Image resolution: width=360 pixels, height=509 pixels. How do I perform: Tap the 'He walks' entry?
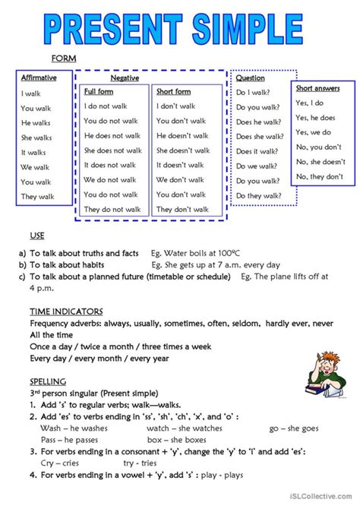[36, 122]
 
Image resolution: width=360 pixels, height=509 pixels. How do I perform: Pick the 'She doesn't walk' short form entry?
[183, 150]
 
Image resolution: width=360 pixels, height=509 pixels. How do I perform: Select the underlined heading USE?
[37, 236]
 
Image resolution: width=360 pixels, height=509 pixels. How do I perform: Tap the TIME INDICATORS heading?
[66, 311]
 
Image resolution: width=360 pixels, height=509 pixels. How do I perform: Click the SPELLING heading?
[48, 381]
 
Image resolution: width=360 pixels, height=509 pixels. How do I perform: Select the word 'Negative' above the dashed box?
[125, 78]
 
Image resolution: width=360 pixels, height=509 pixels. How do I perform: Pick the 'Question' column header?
[251, 77]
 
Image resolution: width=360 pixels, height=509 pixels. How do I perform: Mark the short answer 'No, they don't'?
[319, 176]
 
